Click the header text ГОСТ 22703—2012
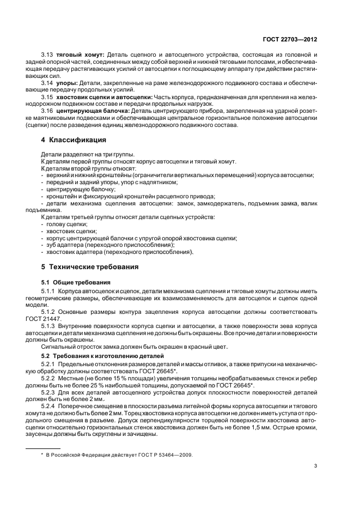[x=289, y=39]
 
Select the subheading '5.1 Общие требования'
[x=76, y=282]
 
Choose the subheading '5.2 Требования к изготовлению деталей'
[x=97, y=355]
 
